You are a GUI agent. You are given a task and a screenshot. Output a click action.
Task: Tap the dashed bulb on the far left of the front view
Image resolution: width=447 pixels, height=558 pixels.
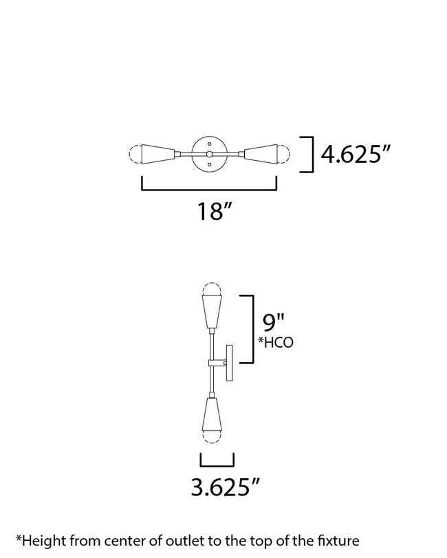point(135,154)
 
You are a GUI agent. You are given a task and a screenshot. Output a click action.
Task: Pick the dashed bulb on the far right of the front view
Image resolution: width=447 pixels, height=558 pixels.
point(283,154)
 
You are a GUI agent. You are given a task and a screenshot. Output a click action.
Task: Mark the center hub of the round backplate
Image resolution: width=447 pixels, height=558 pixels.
point(209,154)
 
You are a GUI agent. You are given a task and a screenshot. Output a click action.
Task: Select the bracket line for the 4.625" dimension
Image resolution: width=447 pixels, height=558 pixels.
point(312,155)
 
